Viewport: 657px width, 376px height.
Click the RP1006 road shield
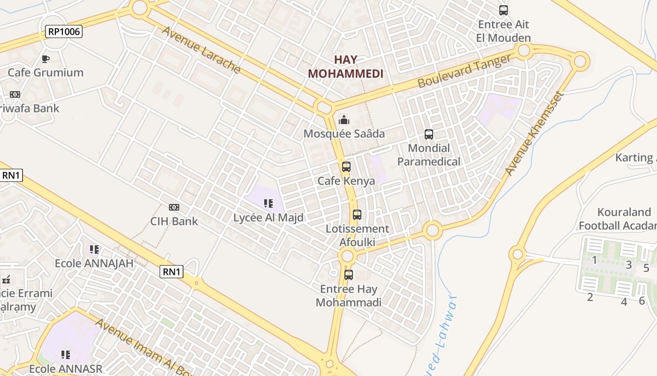pyautogui.click(x=64, y=31)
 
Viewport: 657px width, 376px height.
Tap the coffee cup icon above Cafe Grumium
pyautogui.click(x=46, y=59)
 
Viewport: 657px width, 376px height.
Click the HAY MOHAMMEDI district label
pyautogui.click(x=345, y=67)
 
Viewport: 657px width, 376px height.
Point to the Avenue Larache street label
pyautogui.click(x=201, y=50)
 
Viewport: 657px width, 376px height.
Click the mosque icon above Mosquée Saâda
pyautogui.click(x=344, y=120)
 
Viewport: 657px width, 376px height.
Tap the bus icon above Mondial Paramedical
pyautogui.click(x=429, y=134)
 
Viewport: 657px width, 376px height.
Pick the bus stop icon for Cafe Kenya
pyautogui.click(x=346, y=167)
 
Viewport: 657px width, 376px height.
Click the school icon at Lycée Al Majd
pyautogui.click(x=268, y=204)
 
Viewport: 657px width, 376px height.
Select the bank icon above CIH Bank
pyautogui.click(x=174, y=207)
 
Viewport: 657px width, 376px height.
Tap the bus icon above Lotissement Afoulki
pyautogui.click(x=357, y=215)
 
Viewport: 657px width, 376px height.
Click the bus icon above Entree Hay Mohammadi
pyautogui.click(x=349, y=275)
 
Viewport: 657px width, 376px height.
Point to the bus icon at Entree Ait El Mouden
pyautogui.click(x=504, y=10)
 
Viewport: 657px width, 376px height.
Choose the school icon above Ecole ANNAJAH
pyautogui.click(x=94, y=249)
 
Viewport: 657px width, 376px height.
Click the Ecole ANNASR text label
pyautogui.click(x=66, y=368)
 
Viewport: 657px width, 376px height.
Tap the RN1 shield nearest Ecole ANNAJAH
pyautogui.click(x=171, y=271)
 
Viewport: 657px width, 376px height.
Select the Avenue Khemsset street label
pyautogui.click(x=534, y=133)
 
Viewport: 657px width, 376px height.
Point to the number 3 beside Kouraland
pyautogui.click(x=629, y=264)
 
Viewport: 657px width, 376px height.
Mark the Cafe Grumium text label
pyautogui.click(x=46, y=72)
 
